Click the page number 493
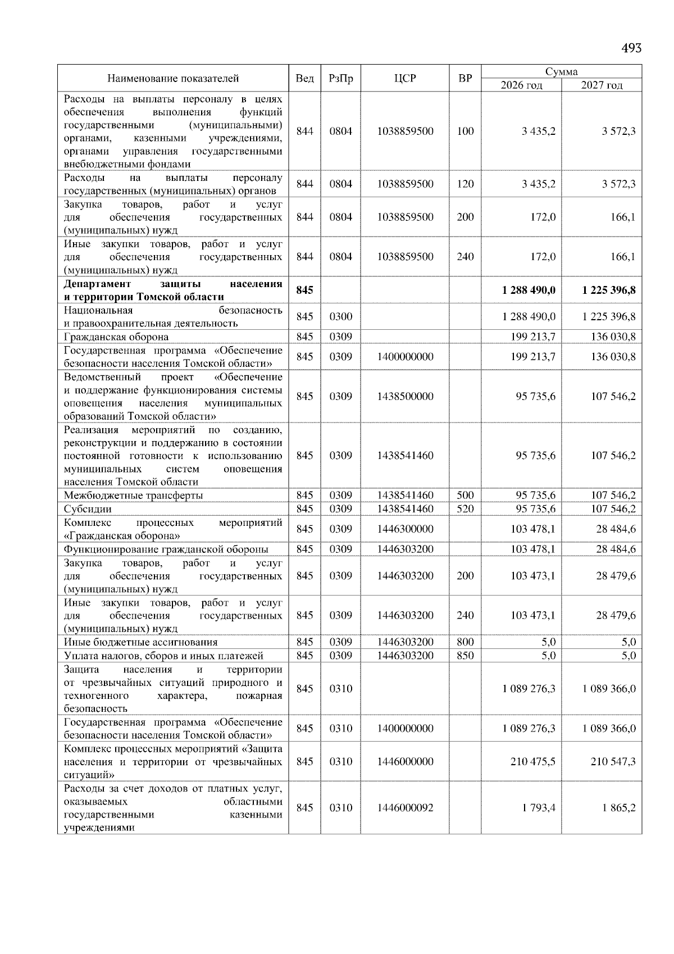click(x=631, y=48)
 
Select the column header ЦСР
click(x=405, y=79)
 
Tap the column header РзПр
click(x=340, y=79)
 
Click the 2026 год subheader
click(x=521, y=85)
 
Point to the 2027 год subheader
click(x=602, y=85)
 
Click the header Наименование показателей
click(x=173, y=79)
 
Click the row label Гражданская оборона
click(x=116, y=337)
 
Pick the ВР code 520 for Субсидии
click(x=465, y=509)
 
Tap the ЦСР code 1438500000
click(x=405, y=397)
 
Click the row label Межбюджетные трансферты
click(x=133, y=496)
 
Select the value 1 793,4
click(x=539, y=808)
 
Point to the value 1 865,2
click(x=620, y=808)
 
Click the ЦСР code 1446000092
click(x=405, y=808)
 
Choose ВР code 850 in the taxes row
click(x=465, y=656)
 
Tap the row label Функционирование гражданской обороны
click(x=166, y=549)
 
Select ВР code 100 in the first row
click(x=465, y=131)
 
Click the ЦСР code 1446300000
click(x=405, y=529)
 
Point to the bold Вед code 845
click(x=304, y=290)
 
